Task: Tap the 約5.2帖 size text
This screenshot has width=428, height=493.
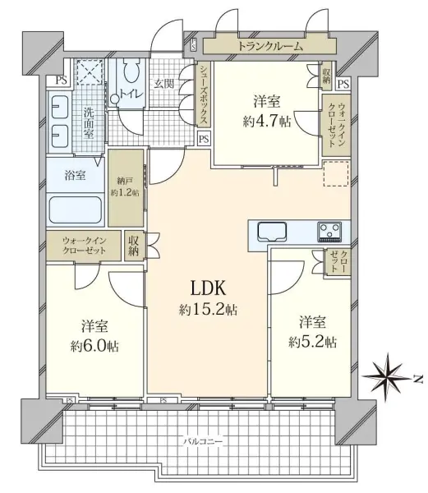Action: pos(309,341)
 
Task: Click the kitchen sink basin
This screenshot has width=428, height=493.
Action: pos(271,229)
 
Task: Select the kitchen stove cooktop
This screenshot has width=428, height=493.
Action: pos(331,228)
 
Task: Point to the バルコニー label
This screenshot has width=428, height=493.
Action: pos(202,441)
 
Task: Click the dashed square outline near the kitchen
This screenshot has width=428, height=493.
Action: pos(336,174)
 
